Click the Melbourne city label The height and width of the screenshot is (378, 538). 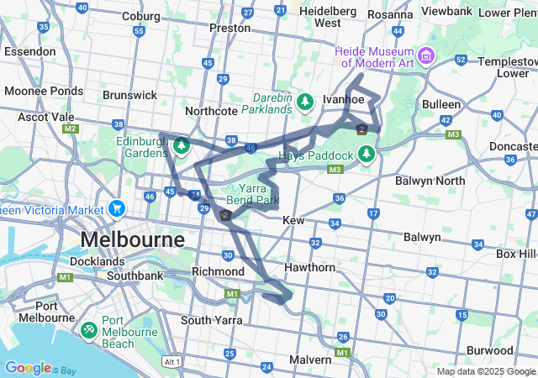(x=132, y=239)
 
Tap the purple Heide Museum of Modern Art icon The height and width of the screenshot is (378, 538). (x=426, y=56)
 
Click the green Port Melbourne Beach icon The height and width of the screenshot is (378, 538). (x=89, y=330)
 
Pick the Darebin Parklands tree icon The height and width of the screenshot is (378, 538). (x=305, y=101)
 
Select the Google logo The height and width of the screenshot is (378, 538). (x=28, y=368)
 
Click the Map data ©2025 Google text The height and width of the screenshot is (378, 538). (x=485, y=371)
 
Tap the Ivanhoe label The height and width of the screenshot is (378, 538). (x=343, y=99)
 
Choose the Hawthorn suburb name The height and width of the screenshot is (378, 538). (x=310, y=267)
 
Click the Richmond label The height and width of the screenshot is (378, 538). (x=218, y=271)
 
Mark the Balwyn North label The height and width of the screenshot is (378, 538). (x=434, y=181)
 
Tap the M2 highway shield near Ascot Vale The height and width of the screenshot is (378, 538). (x=71, y=129)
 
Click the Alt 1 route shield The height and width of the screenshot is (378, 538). (x=172, y=361)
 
